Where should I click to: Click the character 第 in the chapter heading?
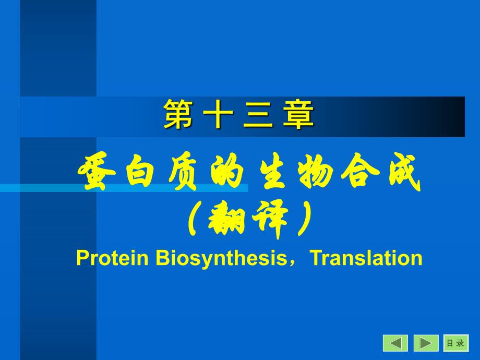pyautogui.click(x=178, y=115)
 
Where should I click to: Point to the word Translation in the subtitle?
pyautogui.click(x=366, y=258)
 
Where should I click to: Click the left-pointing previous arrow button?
pyautogui.click(x=395, y=343)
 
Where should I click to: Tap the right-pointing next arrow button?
pyautogui.click(x=426, y=343)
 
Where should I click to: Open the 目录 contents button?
pyautogui.click(x=456, y=343)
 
